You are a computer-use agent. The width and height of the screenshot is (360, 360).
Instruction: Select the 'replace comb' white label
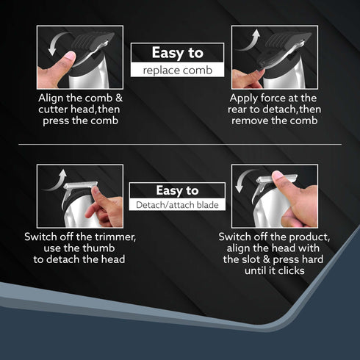[x=177, y=71]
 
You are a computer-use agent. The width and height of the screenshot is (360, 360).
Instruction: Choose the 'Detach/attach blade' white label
[x=177, y=205]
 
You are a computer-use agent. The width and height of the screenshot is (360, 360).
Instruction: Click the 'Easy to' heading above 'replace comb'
[x=177, y=53]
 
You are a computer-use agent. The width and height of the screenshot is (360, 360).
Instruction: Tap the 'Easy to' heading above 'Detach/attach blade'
[x=177, y=190]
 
